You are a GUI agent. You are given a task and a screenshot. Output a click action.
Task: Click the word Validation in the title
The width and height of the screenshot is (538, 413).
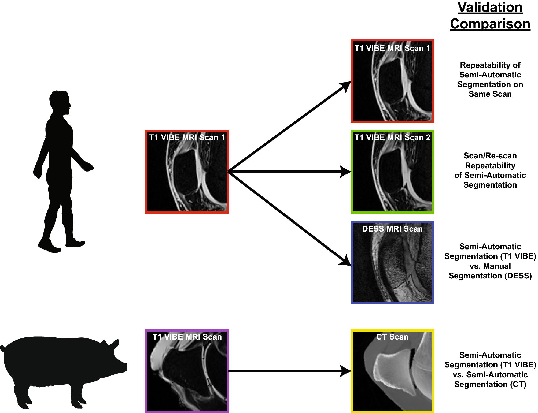[490, 8]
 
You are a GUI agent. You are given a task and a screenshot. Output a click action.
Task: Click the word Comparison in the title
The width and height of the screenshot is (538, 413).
[490, 24]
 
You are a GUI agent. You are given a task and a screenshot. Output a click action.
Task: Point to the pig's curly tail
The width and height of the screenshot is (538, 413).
[2, 348]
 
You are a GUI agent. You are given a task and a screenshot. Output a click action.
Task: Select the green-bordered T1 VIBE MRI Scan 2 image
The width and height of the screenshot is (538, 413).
[392, 172]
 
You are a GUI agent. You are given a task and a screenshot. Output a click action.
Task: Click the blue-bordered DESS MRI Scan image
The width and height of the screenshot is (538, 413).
[392, 262]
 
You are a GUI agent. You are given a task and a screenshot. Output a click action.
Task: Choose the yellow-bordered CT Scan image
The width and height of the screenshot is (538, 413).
[392, 371]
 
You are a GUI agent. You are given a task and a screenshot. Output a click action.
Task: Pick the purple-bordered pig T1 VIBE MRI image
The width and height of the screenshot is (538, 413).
[187, 371]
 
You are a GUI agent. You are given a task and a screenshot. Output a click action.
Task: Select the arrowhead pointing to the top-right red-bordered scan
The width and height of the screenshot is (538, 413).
[345, 86]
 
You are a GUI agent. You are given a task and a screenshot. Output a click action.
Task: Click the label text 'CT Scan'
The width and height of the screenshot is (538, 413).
[392, 337]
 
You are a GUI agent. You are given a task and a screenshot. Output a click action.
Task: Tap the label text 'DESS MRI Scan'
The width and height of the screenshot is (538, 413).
[392, 229]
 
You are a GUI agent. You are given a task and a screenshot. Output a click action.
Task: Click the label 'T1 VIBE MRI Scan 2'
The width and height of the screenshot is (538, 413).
[392, 137]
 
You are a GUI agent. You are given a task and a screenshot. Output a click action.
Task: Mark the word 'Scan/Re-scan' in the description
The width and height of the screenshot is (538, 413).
[490, 156]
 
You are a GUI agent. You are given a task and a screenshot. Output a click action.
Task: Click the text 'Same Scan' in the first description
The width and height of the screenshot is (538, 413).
[490, 94]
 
